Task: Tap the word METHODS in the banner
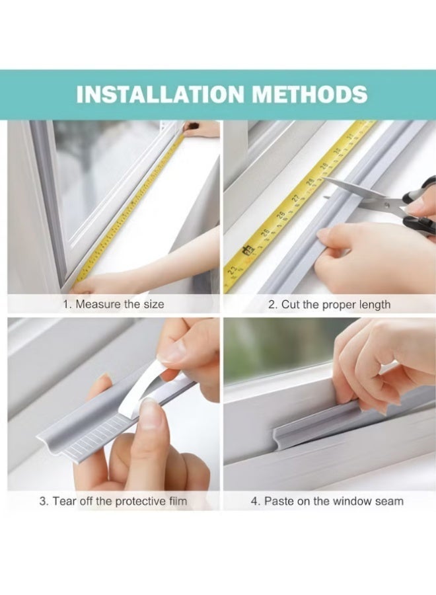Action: (310, 94)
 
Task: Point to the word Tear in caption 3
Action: (62, 501)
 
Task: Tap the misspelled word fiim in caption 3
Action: (178, 501)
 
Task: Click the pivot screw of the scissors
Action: (386, 205)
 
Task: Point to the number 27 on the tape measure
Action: (296, 198)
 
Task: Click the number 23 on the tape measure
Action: (233, 270)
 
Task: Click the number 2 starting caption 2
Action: (272, 305)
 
